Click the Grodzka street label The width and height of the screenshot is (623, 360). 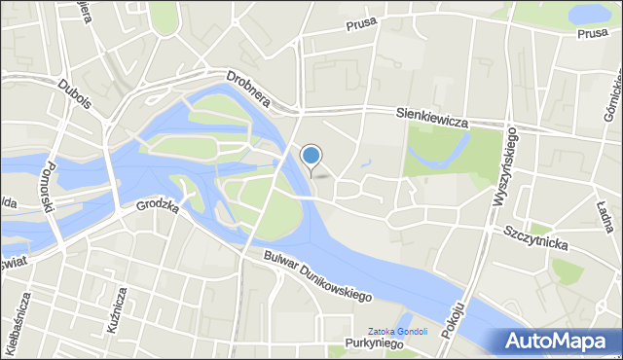pos(157,206)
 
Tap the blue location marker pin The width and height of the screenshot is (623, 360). pos(311,157)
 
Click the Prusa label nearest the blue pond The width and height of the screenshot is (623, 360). pos(591,33)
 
